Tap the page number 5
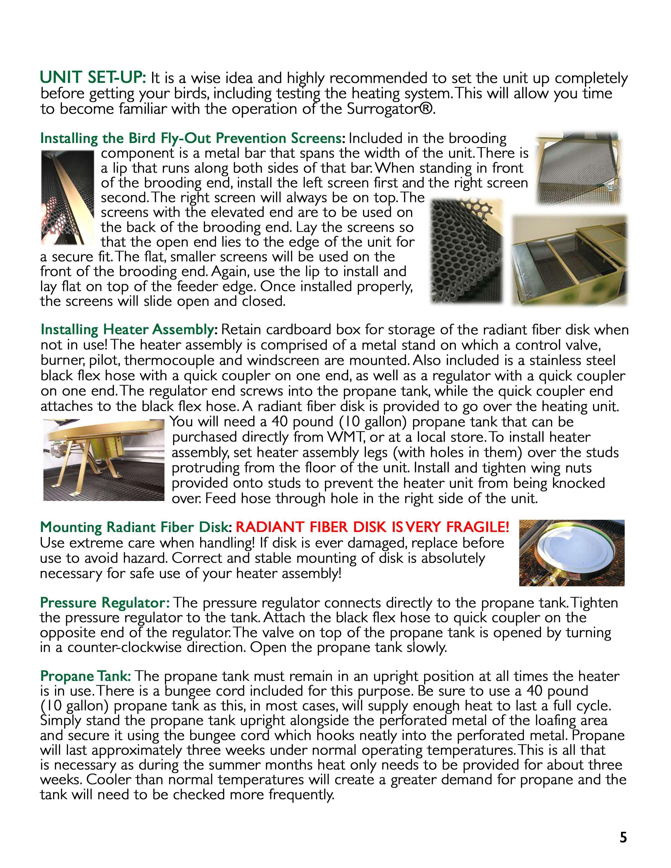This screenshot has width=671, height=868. pyautogui.click(x=623, y=837)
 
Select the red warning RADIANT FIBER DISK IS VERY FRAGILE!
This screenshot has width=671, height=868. pyautogui.click(x=372, y=527)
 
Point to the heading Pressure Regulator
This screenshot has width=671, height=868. pyautogui.click(x=105, y=603)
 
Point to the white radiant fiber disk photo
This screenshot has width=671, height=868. pyautogui.click(x=572, y=553)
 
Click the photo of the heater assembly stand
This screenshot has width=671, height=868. pyautogui.click(x=103, y=460)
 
